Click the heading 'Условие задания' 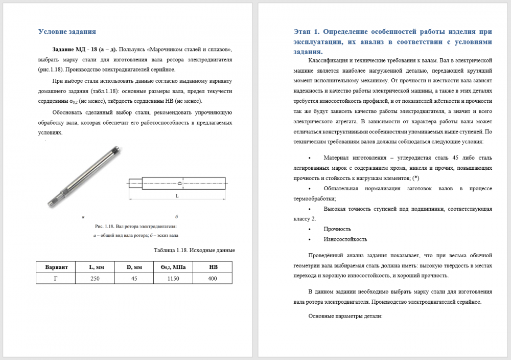coord(67,32)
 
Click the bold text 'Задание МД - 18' coord(75,50)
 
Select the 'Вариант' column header coord(56,267)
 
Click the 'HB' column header coord(213,267)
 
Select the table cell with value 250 coord(95,279)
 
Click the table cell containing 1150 coord(173,279)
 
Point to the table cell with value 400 coord(213,279)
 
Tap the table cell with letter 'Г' coord(56,279)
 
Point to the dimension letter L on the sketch coord(177,196)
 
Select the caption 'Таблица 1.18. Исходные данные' coord(194,251)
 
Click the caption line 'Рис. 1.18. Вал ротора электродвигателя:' coord(135,226)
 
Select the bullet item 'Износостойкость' coord(345,239)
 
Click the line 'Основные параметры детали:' coord(345,316)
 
